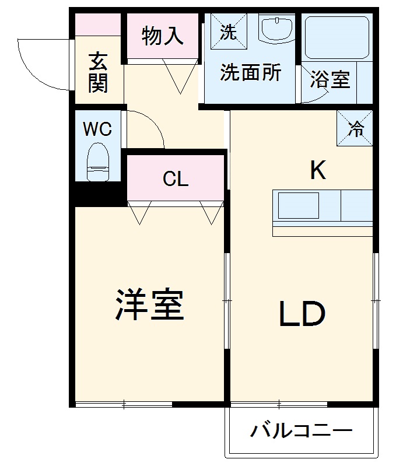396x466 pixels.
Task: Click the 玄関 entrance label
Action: click(98, 72)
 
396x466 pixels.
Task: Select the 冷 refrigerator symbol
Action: click(355, 129)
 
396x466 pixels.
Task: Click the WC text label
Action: click(97, 129)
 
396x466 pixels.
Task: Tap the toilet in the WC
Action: click(97, 164)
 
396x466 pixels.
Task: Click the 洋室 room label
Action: click(149, 304)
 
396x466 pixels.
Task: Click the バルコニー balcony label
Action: click(302, 432)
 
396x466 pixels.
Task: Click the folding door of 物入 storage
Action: click(180, 76)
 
